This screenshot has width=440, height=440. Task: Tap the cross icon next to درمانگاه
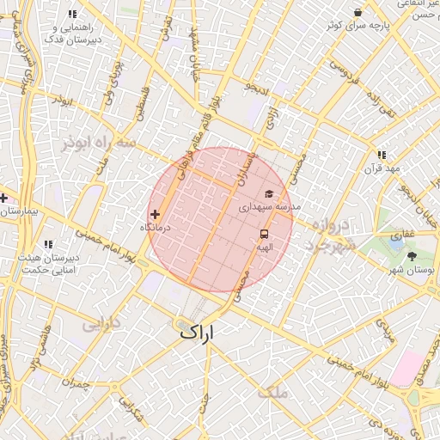[x=156, y=214]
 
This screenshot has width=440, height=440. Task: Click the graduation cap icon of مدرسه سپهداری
[x=269, y=194]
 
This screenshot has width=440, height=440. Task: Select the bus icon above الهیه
[x=264, y=234]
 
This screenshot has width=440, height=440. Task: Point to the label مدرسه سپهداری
[x=269, y=207]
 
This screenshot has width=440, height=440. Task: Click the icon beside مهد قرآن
[x=382, y=156]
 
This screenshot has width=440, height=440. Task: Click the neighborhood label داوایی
[x=101, y=325]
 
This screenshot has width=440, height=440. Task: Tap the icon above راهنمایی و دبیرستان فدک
[x=71, y=15]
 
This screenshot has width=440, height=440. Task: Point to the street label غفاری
[x=402, y=233]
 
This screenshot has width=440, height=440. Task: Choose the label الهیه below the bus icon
[x=264, y=247]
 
